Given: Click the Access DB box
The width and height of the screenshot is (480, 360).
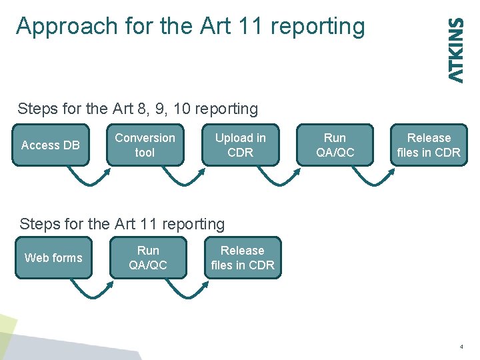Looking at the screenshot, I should point(51,145).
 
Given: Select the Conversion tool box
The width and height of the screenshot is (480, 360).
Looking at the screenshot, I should point(145,145).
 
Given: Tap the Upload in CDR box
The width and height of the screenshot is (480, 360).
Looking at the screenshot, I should point(240,145).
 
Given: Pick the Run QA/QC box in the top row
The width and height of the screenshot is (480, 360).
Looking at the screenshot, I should point(335,145).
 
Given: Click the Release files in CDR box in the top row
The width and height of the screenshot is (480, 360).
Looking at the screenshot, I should point(429,145).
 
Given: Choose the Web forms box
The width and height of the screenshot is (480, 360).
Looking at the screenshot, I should point(53,257).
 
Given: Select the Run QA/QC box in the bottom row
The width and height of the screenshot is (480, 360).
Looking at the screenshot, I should point(148,257).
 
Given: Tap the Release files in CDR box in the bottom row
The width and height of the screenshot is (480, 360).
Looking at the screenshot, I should point(242,257).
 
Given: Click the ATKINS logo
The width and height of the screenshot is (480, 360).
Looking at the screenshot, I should point(456,50).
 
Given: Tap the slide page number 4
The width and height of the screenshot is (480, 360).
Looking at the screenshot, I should point(461,347).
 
